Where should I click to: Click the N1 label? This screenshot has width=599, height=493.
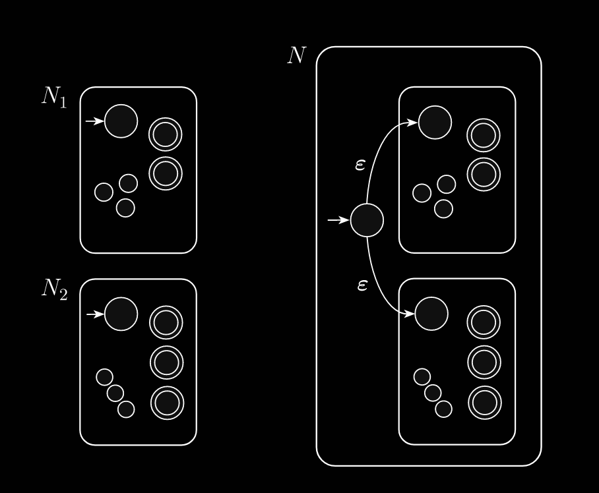[54, 97]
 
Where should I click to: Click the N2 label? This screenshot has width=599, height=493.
[55, 289]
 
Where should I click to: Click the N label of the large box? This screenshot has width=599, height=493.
[297, 55]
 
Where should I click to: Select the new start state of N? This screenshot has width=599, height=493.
[367, 220]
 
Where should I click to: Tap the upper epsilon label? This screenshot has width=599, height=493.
[360, 165]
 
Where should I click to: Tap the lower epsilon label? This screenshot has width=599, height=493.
[362, 285]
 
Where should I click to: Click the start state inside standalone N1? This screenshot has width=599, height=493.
[121, 121]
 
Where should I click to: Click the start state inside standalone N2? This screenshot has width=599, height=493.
[121, 314]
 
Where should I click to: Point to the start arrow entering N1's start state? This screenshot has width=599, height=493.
[95, 121]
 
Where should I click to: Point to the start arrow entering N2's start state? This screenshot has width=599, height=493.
[95, 314]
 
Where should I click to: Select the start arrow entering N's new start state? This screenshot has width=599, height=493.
[338, 220]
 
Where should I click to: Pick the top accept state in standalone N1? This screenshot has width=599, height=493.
[165, 134]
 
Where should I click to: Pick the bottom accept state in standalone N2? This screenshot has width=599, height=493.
[167, 403]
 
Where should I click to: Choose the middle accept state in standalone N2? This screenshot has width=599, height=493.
[166, 362]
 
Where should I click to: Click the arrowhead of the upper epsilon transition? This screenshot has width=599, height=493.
[413, 123]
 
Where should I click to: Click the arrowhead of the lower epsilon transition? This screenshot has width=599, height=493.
[410, 314]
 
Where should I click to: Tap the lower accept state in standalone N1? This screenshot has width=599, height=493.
[166, 173]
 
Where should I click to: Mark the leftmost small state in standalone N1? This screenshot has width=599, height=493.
[104, 192]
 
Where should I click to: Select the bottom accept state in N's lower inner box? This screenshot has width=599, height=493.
[485, 403]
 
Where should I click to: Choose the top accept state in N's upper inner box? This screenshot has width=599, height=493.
[484, 136]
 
